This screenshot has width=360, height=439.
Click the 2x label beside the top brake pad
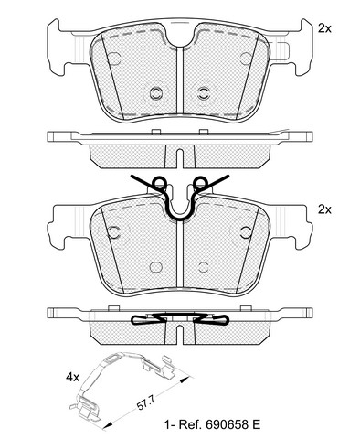324,28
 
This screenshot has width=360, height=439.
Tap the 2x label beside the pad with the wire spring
324,209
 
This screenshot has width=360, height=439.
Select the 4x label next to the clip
72,378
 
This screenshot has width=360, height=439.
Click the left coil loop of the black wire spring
159,183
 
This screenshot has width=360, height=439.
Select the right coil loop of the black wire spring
201,183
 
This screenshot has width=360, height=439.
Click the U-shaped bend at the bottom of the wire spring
180,218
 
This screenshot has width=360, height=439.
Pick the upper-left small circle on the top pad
114,58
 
